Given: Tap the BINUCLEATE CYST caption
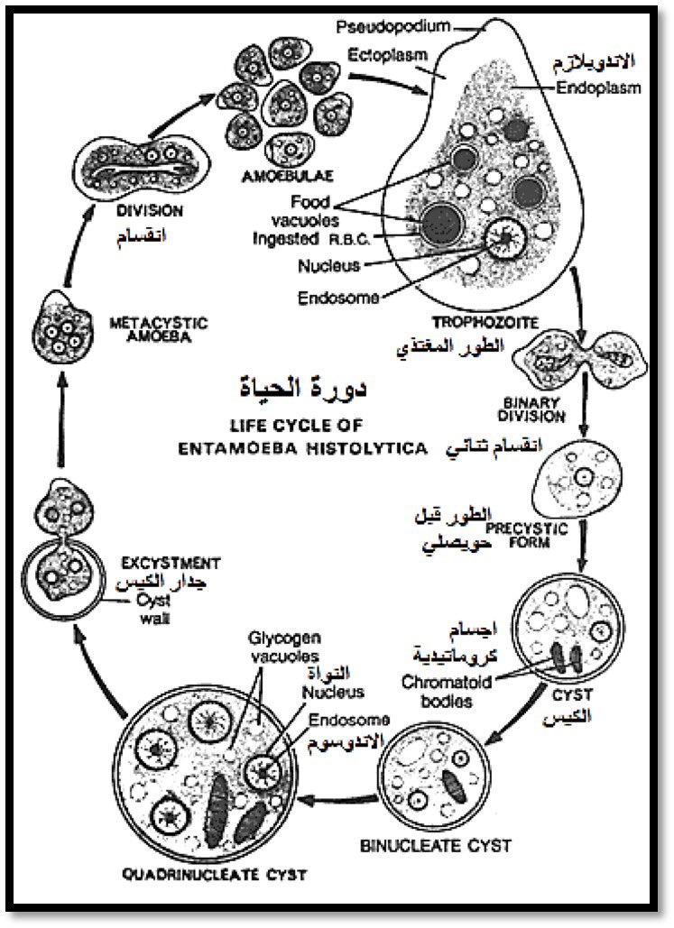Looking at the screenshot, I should (436, 846).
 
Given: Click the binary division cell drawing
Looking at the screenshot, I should (586, 358).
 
